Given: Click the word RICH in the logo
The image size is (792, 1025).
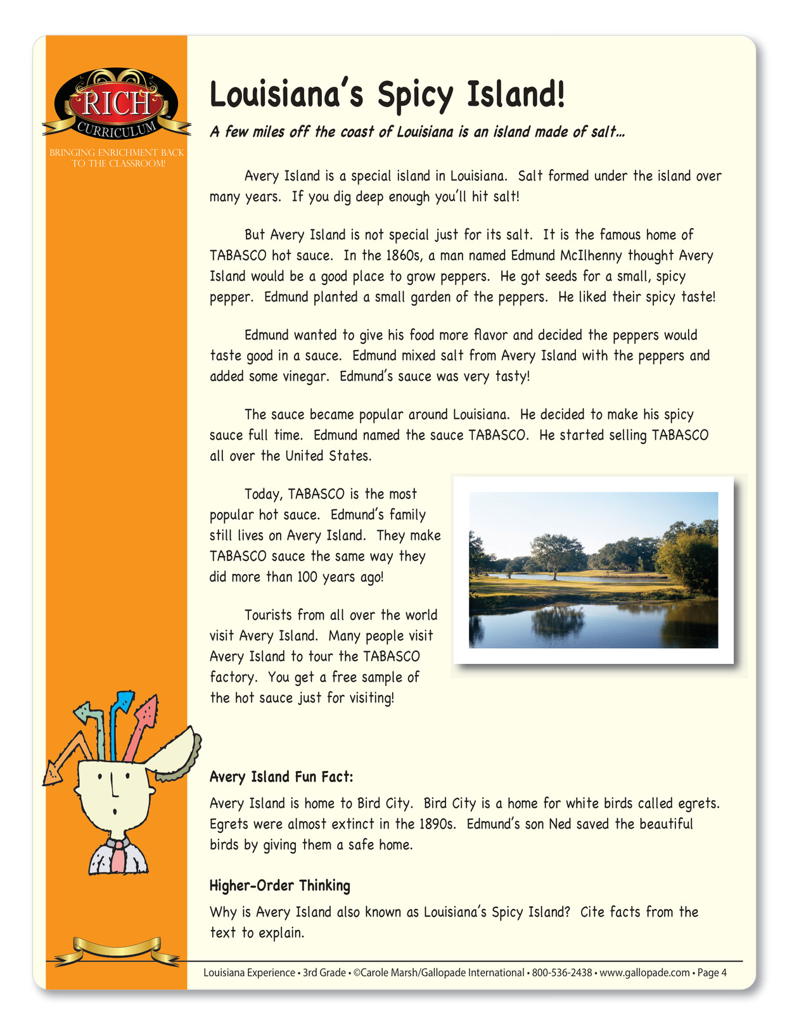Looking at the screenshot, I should click(x=117, y=103).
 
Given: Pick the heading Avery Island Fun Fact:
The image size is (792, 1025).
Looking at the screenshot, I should click(x=281, y=777).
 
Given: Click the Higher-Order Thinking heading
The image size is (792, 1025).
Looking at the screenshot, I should click(x=279, y=885).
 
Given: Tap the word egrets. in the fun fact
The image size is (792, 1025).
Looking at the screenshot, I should click(x=699, y=803).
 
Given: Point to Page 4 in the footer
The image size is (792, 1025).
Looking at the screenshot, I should click(x=712, y=972).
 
